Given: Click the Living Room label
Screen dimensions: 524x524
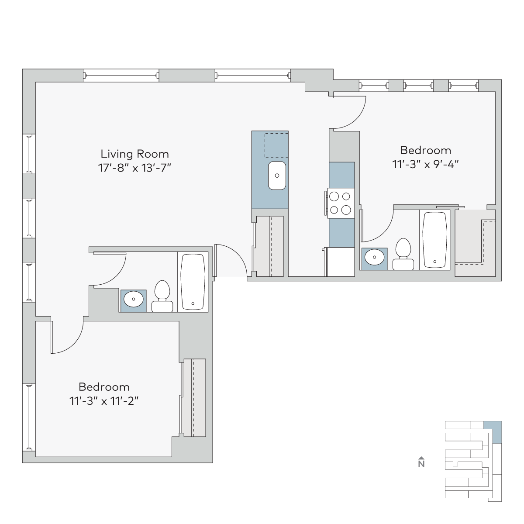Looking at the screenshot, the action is click(134, 154).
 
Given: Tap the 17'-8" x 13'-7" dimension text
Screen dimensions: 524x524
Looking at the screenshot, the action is click(134, 168).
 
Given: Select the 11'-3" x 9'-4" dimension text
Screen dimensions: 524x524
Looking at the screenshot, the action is click(426, 164).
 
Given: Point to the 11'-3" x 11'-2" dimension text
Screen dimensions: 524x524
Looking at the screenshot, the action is click(104, 401).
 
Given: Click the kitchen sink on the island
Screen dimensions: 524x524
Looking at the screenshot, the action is click(277, 176).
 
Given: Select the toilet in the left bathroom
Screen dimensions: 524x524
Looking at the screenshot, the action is click(162, 296).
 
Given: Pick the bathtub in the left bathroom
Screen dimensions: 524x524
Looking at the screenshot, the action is click(193, 282).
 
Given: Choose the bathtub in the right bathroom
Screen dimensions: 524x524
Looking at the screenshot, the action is click(434, 240).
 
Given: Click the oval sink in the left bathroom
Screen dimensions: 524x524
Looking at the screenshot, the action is click(133, 299).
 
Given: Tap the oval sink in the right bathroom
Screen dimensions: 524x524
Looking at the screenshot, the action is click(374, 257).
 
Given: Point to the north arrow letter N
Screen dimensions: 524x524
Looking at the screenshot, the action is click(421, 464).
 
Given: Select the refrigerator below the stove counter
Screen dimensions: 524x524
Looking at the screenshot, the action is click(341, 262).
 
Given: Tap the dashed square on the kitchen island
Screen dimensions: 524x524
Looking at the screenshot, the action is click(276, 145).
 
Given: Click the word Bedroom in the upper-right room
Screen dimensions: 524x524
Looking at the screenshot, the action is click(426, 150).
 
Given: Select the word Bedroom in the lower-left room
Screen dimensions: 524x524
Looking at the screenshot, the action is click(104, 387).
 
